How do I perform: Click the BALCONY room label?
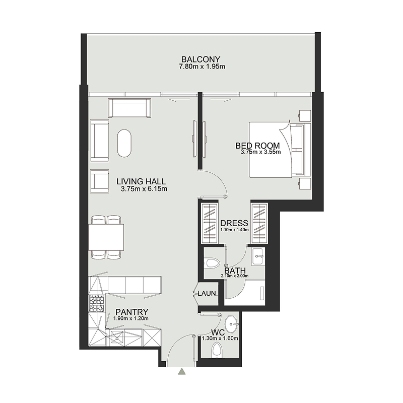(200, 58)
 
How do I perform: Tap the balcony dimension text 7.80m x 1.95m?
(200, 66)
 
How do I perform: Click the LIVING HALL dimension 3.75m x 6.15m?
(144, 189)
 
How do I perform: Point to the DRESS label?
(234, 223)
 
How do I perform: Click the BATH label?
(235, 271)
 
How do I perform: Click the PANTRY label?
(131, 312)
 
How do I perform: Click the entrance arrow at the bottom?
(182, 372)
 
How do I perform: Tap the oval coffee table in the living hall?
(125, 144)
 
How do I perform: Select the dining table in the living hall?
(106, 237)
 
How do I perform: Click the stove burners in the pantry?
(97, 303)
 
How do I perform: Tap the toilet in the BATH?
(213, 262)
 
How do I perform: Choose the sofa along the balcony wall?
(129, 108)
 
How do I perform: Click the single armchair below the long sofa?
(99, 182)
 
